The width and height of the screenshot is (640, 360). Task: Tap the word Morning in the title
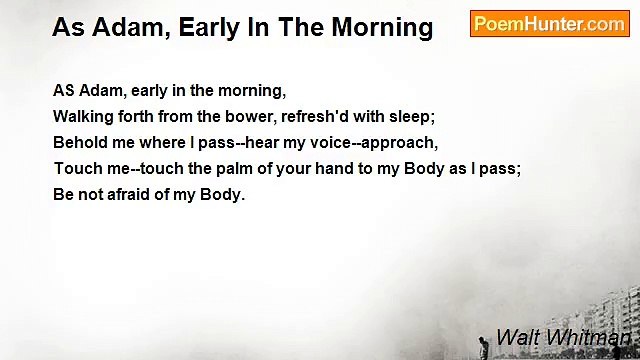(x=378, y=28)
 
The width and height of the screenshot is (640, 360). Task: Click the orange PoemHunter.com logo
(x=549, y=24)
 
